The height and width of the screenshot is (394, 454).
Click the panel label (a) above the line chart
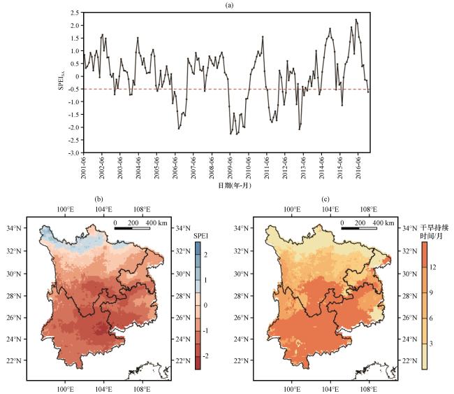pos(226,5)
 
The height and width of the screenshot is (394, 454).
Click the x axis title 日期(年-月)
pos(227,186)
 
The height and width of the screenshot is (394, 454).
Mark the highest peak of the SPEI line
pos(356,20)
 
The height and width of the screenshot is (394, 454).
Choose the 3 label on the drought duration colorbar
pos(432,344)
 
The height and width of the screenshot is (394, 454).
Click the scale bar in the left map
pos(132,228)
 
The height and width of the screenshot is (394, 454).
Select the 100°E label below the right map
pos(293,388)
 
